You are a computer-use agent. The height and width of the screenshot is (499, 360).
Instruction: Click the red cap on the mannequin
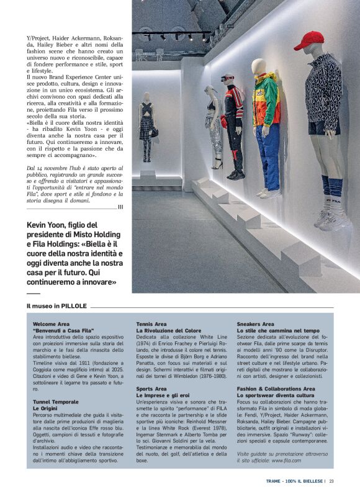tap(308, 41)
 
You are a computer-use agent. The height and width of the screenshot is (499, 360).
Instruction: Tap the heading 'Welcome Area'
tap(51, 324)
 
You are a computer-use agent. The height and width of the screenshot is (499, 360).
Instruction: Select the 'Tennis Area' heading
tap(151, 324)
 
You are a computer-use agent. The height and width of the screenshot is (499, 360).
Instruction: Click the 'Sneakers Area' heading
tap(255, 324)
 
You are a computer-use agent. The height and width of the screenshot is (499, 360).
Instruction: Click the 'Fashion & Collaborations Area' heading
tap(276, 389)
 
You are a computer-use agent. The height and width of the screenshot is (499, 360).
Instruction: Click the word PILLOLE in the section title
tap(73, 306)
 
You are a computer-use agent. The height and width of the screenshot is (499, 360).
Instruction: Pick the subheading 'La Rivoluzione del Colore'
tap(169, 331)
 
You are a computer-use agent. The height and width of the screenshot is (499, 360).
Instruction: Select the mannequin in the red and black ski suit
tap(233, 124)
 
